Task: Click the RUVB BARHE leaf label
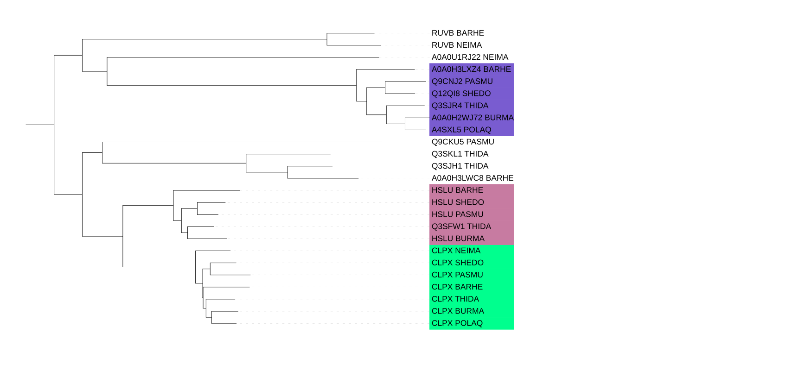tap(458, 33)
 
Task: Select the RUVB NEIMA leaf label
tap(456, 45)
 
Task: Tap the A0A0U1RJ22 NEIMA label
tap(470, 57)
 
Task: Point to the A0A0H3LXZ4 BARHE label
tap(471, 69)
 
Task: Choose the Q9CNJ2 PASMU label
tap(462, 82)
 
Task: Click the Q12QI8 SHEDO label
tap(461, 94)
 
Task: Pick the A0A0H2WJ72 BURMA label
tap(473, 118)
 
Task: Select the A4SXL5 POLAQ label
tap(461, 130)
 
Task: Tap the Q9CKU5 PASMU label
tap(463, 142)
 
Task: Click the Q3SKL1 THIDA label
tap(460, 154)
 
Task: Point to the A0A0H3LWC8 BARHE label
tap(473, 178)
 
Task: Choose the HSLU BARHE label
tap(457, 190)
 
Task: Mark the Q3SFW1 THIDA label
tap(461, 226)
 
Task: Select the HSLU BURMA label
tap(458, 239)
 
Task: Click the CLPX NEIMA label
tap(456, 251)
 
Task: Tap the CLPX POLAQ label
tap(457, 323)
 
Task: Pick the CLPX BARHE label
tap(457, 287)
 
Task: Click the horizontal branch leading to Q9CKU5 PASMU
tap(242, 142)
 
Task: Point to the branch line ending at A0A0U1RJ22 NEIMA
tap(243, 57)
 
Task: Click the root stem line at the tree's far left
tap(40, 125)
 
